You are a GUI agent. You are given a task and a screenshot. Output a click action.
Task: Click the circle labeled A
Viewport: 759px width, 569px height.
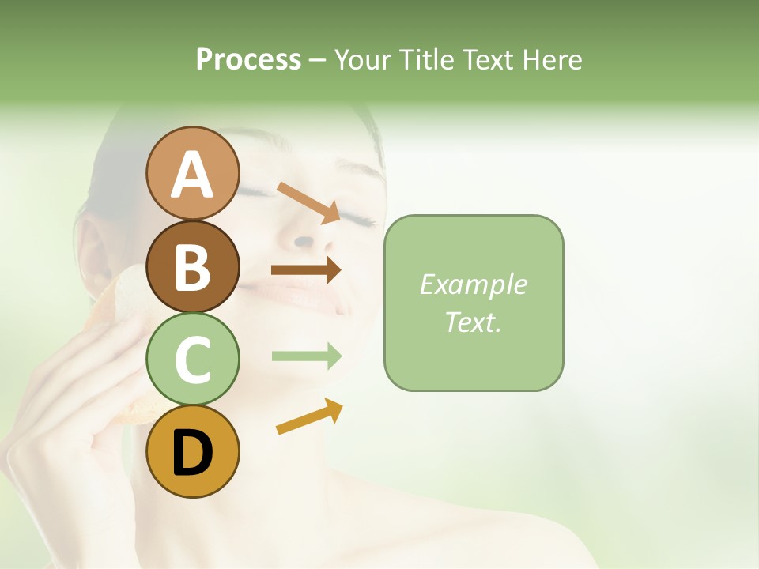point(192,173)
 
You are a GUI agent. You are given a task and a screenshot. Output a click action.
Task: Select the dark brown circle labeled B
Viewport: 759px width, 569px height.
point(192,266)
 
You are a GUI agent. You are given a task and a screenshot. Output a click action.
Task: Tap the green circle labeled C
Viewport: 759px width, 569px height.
point(192,360)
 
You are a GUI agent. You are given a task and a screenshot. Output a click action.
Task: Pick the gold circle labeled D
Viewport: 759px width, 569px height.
point(192,452)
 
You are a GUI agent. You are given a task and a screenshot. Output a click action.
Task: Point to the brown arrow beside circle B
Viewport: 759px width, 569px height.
point(306,270)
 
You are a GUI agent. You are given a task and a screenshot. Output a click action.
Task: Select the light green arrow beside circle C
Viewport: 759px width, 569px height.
point(306,356)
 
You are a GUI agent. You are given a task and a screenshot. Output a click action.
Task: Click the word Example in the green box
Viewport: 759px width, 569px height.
point(473,284)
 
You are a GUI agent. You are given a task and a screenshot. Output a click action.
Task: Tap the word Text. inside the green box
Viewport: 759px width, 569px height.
point(473,322)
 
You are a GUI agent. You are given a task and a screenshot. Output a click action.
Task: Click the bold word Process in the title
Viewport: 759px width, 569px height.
point(248,59)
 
